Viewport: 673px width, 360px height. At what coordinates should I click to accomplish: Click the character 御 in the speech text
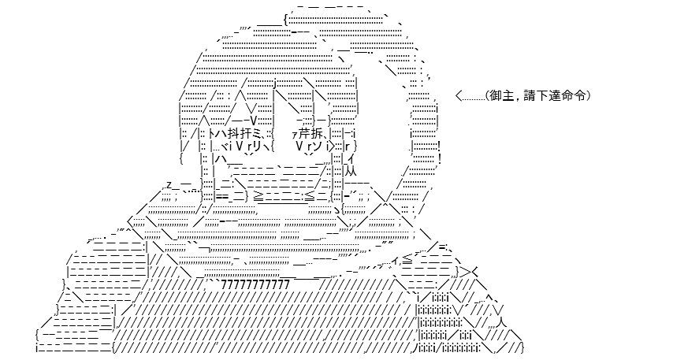496,95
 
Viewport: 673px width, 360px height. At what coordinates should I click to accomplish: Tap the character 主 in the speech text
508,95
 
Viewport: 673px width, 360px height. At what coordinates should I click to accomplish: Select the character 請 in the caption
530,95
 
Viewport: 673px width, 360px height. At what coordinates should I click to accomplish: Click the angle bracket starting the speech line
459,96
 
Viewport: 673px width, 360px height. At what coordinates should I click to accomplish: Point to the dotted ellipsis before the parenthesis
473,99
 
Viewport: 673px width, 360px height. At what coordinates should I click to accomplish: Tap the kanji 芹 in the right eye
305,134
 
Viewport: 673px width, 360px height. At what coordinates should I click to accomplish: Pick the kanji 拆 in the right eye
317,134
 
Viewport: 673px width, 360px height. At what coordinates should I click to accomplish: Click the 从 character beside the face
351,172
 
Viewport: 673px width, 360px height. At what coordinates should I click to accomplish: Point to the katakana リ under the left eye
258,147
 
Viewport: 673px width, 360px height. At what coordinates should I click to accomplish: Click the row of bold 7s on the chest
256,284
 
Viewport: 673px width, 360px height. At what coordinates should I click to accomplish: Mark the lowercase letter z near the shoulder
169,185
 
